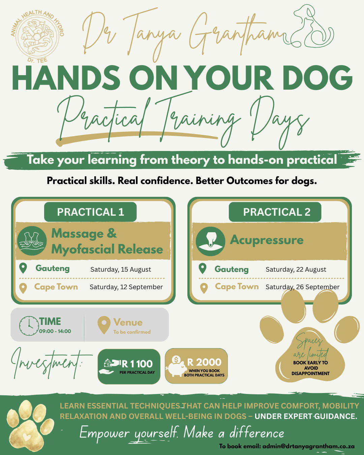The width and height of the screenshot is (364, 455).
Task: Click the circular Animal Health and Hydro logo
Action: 37,36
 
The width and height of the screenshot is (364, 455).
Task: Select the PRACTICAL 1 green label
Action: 90,212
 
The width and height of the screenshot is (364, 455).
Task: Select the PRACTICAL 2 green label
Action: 275,212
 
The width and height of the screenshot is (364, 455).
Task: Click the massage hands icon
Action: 32,241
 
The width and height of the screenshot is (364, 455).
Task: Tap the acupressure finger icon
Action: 210,241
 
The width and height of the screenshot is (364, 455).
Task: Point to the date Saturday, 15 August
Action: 121,269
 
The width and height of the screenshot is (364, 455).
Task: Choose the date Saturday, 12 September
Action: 126,287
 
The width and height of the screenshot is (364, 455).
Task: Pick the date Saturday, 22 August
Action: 296,269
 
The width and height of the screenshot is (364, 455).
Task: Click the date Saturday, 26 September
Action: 302,287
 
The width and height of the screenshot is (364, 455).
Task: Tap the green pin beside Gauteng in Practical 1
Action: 23,268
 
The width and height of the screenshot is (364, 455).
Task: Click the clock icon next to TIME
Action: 29,326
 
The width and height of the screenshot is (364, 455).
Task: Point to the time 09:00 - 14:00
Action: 55,331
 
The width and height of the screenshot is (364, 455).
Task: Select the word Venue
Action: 128,322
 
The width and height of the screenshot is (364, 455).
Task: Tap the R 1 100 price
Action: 137,364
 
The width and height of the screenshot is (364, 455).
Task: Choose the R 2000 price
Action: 204,362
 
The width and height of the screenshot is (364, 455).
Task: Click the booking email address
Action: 308,446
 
